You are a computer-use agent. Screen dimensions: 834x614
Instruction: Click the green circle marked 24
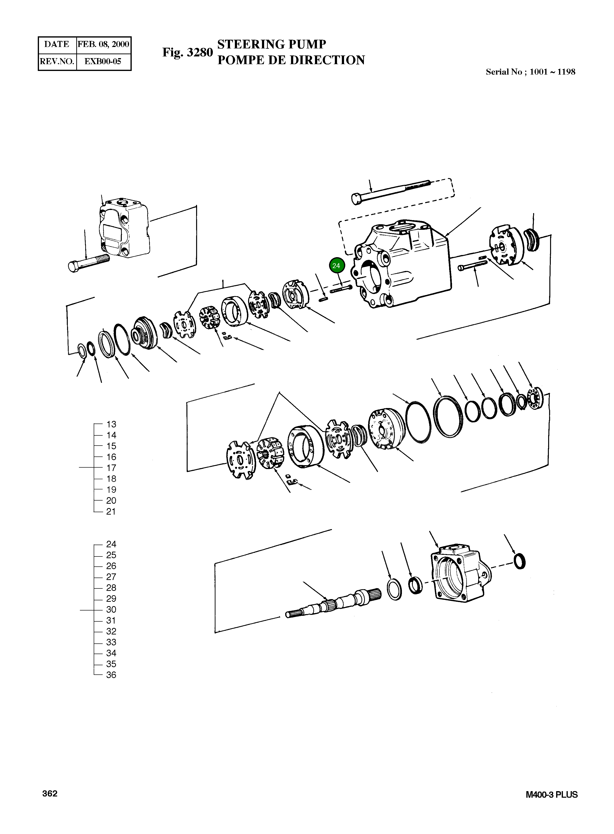(x=337, y=265)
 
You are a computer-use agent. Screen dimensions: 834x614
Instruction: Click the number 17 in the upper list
(x=111, y=468)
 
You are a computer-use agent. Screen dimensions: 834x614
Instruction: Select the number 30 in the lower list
(x=111, y=610)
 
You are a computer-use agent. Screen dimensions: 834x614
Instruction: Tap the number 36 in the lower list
(x=111, y=675)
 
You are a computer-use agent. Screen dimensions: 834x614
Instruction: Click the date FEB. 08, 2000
(x=103, y=45)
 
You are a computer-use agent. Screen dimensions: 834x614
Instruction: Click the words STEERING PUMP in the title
(x=271, y=44)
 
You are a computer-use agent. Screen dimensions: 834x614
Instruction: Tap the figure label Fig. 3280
(x=187, y=52)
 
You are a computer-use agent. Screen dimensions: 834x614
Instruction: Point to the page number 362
(x=50, y=794)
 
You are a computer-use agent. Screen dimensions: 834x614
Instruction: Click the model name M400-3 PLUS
(x=552, y=795)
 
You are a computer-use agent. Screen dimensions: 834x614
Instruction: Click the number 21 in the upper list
(x=111, y=512)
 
